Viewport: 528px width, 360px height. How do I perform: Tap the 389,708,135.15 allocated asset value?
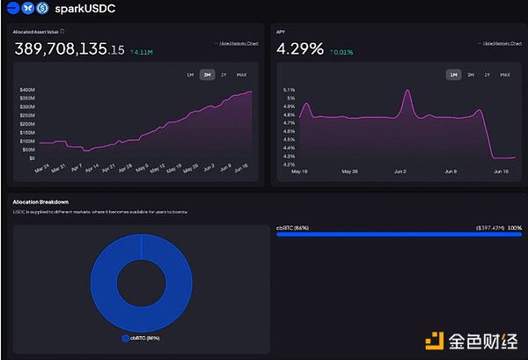(69, 50)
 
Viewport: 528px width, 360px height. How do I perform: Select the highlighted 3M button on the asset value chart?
(207, 75)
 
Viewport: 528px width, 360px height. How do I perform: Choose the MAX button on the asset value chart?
(241, 75)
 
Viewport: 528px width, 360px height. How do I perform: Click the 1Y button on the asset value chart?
(224, 75)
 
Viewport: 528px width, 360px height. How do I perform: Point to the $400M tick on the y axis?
(26, 90)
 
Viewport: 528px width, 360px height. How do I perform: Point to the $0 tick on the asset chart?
(32, 158)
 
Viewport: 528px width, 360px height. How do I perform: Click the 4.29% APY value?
(299, 49)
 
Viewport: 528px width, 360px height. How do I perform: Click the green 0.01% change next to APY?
(343, 52)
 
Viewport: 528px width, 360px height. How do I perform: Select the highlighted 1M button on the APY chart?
(453, 75)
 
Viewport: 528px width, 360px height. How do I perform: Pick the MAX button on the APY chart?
(504, 75)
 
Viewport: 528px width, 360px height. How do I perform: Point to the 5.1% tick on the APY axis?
(288, 90)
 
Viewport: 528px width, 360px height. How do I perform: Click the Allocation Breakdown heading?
(41, 202)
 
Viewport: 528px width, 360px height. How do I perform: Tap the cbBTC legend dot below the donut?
(125, 337)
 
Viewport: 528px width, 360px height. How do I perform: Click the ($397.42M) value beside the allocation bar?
(488, 227)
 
